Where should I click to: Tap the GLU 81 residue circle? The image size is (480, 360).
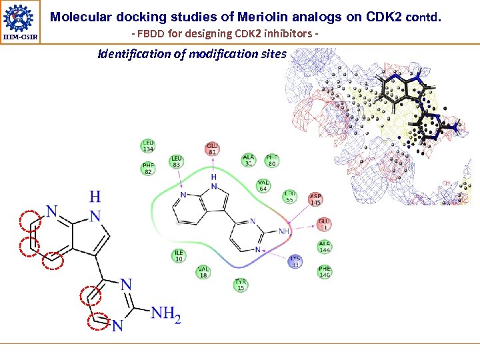click(x=213, y=149)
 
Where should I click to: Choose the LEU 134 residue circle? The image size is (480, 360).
click(x=148, y=145)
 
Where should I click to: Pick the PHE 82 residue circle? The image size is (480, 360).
click(x=148, y=169)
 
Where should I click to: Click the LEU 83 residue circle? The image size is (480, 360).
click(x=177, y=161)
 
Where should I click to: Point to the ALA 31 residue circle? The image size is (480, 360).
click(x=249, y=160)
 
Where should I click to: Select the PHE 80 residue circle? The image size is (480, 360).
click(x=272, y=160)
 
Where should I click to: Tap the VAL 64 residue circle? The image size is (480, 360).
click(x=263, y=186)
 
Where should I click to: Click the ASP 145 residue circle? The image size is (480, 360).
click(x=315, y=199)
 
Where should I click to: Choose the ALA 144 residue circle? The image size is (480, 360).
click(x=325, y=247)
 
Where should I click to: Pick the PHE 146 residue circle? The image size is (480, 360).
click(x=325, y=271)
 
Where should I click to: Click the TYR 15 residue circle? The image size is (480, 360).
click(x=241, y=285)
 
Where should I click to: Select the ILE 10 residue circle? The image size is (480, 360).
click(x=179, y=256)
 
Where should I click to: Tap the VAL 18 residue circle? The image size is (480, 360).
click(x=203, y=272)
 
